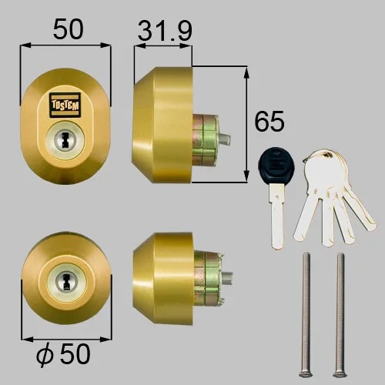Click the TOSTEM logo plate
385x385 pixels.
65,105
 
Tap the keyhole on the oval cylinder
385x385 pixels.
65,140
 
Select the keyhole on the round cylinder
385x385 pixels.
66,282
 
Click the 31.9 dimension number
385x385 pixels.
165,31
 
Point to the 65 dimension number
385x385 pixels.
269,121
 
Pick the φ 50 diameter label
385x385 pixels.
63,354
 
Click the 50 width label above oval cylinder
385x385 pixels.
69,29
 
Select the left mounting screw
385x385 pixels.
306,315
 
